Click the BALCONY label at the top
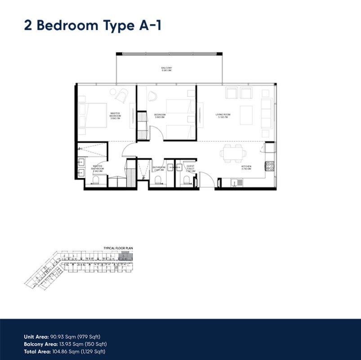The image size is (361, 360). [167, 69]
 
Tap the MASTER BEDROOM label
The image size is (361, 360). [116, 115]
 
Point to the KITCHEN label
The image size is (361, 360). [246, 168]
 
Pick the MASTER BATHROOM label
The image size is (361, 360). [98, 168]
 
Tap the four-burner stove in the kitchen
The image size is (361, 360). [271, 165]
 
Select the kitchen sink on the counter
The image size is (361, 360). [236, 183]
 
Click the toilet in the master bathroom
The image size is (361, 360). [95, 180]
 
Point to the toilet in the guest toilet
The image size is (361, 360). [186, 180]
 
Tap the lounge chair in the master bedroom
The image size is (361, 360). [120, 95]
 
